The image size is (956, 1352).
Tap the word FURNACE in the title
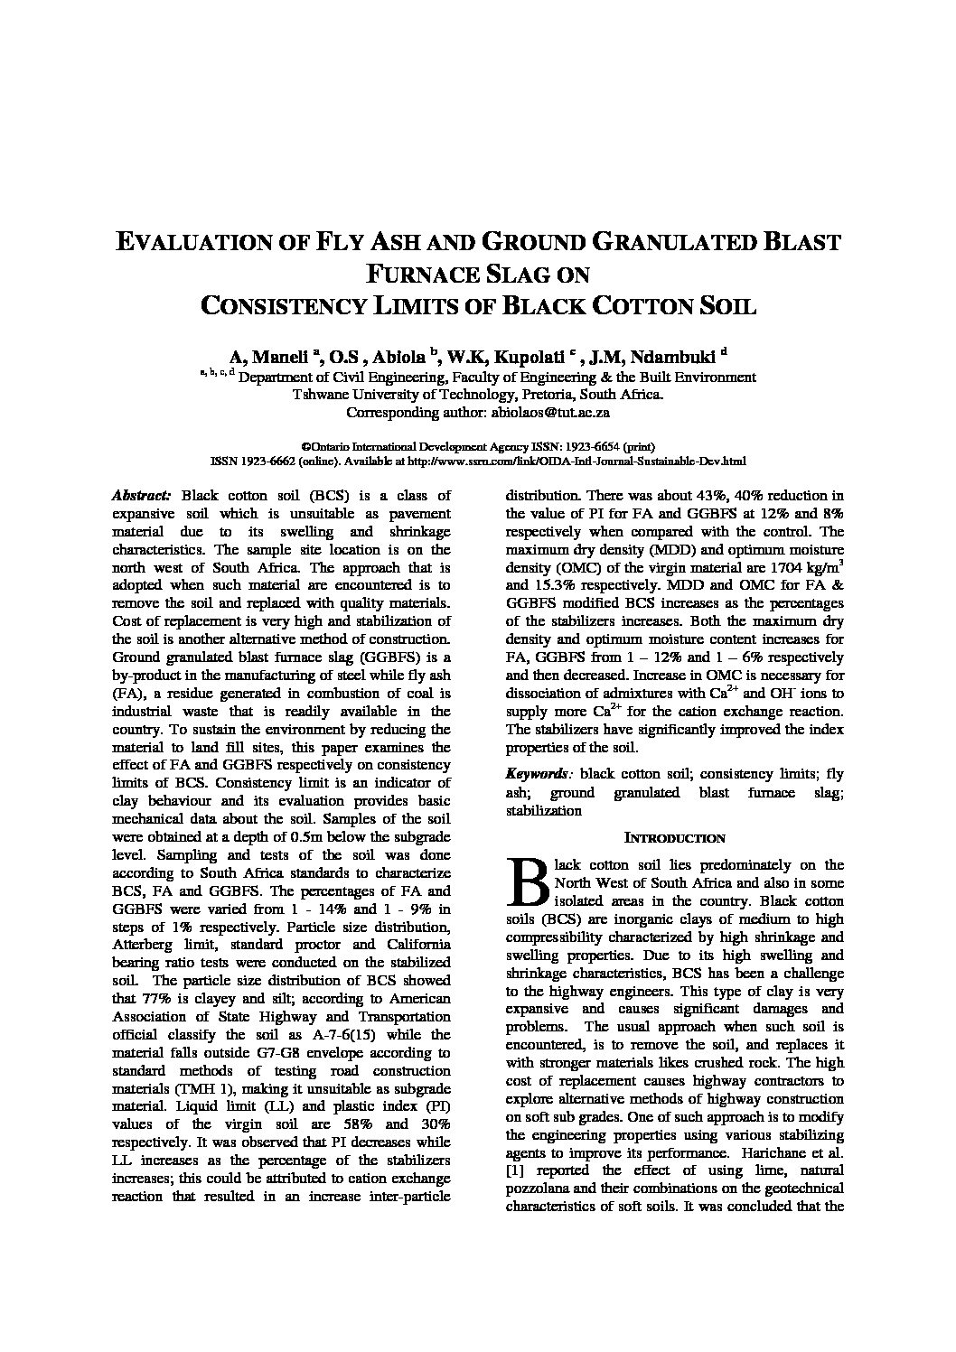425,274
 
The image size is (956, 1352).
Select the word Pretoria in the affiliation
546,395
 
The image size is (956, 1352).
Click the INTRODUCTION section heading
675,838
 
